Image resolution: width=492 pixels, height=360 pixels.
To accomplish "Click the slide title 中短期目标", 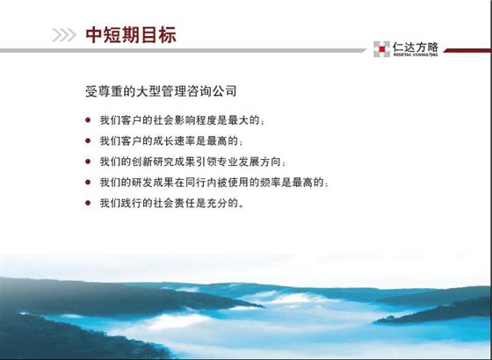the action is (x=131, y=35).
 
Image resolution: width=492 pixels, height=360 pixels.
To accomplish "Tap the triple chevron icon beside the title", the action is (x=64, y=35).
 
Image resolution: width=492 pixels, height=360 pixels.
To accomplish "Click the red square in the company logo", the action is (x=382, y=49).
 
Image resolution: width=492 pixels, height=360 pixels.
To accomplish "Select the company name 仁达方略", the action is (x=415, y=47).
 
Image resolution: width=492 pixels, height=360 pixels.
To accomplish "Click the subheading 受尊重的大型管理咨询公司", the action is (x=161, y=91).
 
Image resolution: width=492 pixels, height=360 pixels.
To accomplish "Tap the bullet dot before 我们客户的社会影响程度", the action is (x=88, y=119).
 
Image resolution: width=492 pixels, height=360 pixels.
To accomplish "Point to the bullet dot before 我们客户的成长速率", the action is (x=88, y=140).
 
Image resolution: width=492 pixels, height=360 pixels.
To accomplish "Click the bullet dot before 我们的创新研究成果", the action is (x=88, y=162).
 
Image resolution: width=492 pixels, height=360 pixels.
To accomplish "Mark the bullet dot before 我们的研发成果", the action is (x=88, y=183).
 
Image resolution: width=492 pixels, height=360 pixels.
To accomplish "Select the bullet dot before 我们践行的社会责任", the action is (x=88, y=203).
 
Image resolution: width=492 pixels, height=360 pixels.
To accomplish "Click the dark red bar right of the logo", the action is (x=467, y=51).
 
